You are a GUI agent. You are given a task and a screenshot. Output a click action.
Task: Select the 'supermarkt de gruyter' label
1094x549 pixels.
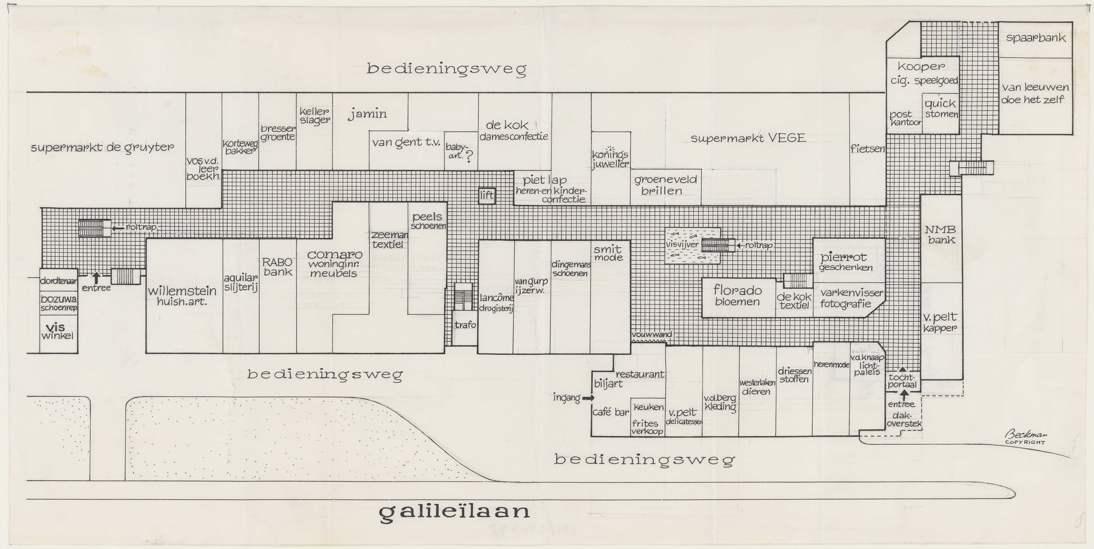102,148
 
